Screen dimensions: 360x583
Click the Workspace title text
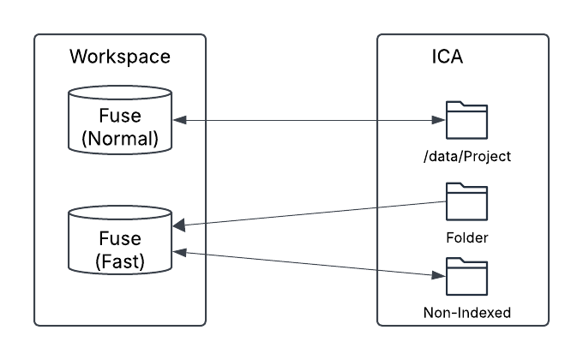point(120,57)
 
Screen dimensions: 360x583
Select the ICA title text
point(448,57)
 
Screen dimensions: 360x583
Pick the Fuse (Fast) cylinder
point(120,241)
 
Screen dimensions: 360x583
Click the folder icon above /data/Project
point(466,121)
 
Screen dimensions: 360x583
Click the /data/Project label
point(466,158)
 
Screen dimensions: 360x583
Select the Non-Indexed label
point(466,313)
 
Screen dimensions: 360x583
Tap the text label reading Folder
point(466,237)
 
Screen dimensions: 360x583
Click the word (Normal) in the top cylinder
point(120,140)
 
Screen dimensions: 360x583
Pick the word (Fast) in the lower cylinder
point(120,260)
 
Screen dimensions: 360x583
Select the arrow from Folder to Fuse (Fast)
point(309,213)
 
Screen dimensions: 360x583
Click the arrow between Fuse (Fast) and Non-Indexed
point(309,263)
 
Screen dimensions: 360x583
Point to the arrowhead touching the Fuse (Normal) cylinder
point(177,121)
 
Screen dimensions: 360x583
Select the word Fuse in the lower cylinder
point(120,237)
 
